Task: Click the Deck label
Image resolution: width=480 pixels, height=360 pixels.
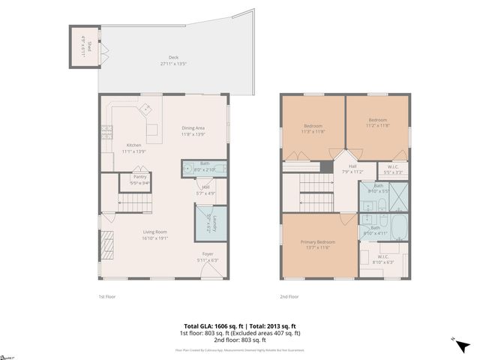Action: pos(173,60)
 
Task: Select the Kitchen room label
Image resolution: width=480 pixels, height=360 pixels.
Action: pos(133,148)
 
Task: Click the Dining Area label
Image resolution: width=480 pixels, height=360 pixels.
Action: pos(193,130)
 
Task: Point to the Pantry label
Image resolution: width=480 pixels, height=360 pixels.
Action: pos(139,179)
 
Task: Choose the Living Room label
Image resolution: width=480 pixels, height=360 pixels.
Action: pos(155,235)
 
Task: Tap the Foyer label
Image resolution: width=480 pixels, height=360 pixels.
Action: pos(207,256)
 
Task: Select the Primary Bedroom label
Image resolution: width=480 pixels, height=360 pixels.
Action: pos(318,245)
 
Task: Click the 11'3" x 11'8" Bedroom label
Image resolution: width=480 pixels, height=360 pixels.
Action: pos(313,128)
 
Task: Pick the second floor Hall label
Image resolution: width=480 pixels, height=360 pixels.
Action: pos(352,169)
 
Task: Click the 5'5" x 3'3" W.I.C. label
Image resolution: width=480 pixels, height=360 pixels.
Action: pos(392,169)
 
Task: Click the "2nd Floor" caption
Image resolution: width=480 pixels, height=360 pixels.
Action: pos(290,297)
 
